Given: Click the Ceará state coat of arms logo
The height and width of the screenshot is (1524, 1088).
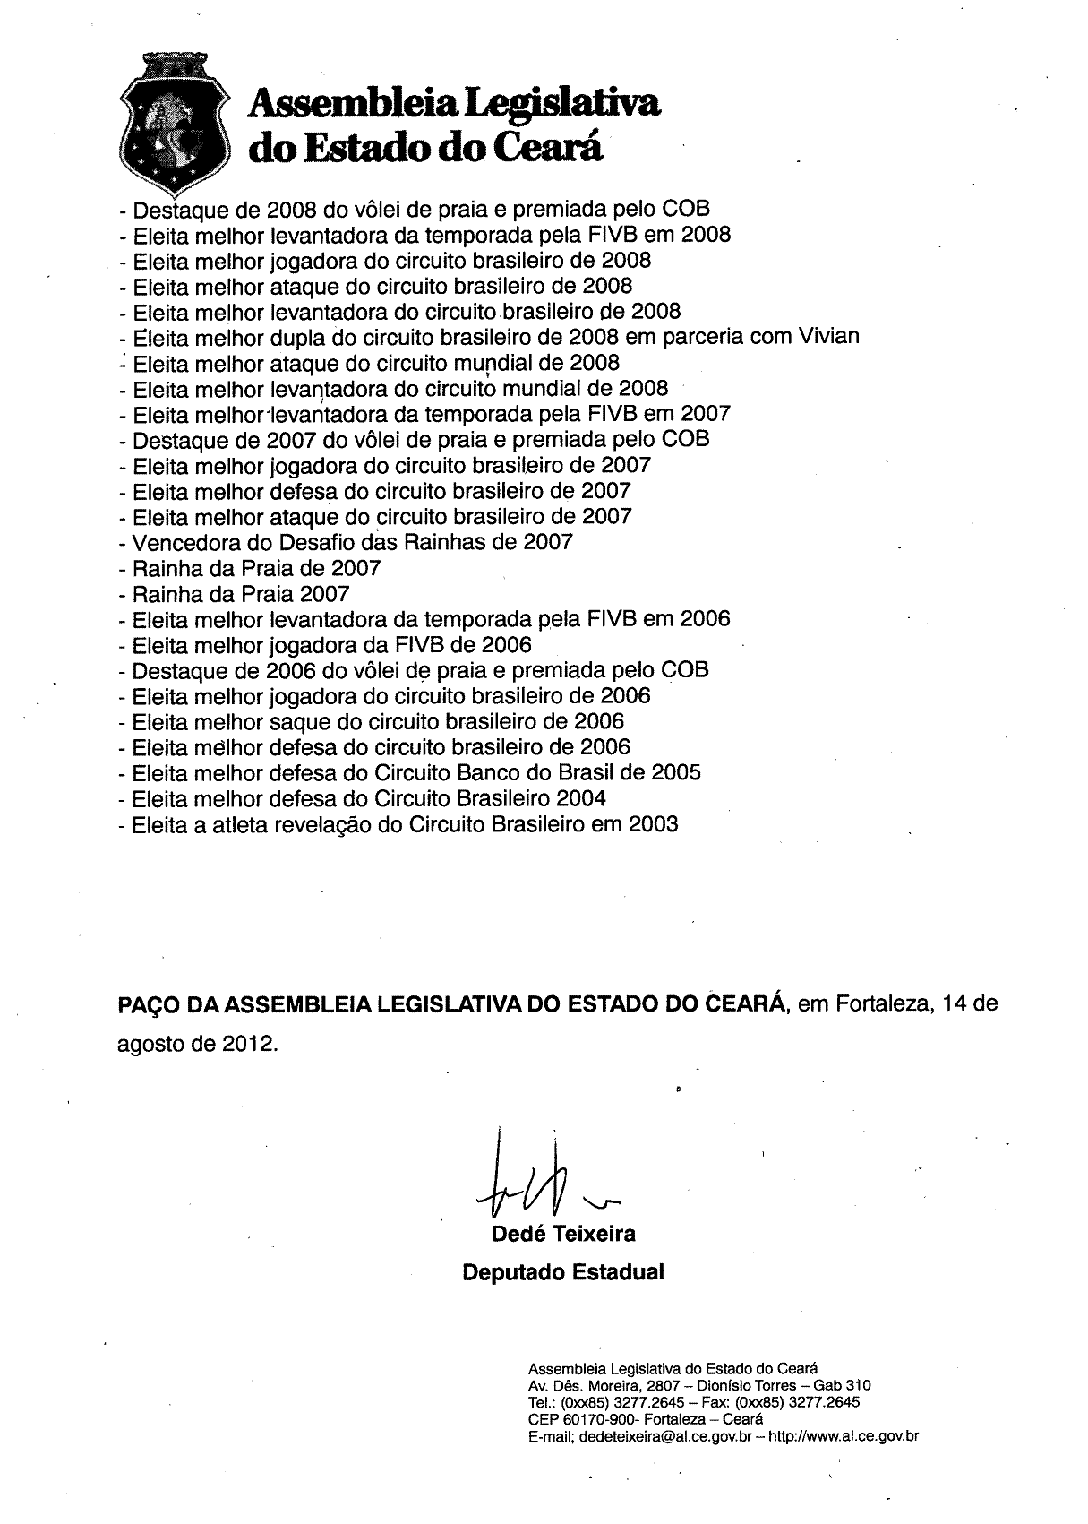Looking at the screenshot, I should coord(171,120).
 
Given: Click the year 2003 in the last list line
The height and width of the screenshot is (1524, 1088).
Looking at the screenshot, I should coord(653,824).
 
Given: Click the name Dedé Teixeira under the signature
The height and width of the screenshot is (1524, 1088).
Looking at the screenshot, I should coord(563,1235).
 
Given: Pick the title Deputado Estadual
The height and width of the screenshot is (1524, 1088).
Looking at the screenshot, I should coord(562,1272).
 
